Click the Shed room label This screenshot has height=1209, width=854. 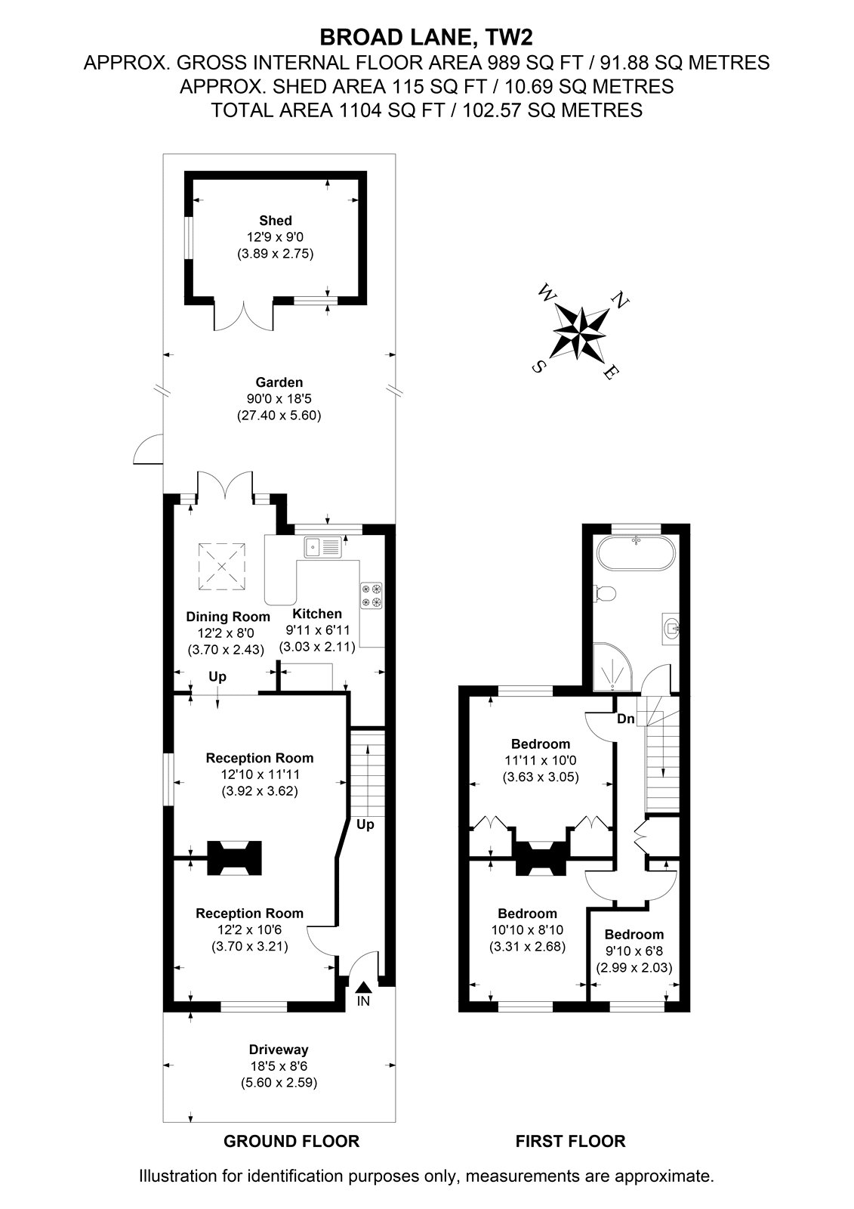275,220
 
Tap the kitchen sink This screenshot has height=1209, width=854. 322,547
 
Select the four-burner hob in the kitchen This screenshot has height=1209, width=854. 372,595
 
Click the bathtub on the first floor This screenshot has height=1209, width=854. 636,552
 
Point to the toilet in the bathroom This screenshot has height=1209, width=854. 604,594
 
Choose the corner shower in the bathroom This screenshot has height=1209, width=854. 614,667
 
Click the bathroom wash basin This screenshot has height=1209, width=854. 671,629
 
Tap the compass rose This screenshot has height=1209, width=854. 580,332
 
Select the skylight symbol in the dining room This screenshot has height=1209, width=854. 222,566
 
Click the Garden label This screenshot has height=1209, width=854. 279,382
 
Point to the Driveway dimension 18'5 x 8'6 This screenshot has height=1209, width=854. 279,1066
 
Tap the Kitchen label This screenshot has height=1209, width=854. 317,613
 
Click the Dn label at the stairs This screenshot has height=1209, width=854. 626,719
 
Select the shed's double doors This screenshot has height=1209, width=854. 244,316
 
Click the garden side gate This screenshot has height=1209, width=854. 148,449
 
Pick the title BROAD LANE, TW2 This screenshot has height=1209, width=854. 426,37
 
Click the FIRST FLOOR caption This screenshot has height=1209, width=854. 570,1141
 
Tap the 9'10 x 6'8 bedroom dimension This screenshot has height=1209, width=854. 634,951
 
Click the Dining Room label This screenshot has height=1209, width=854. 228,617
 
